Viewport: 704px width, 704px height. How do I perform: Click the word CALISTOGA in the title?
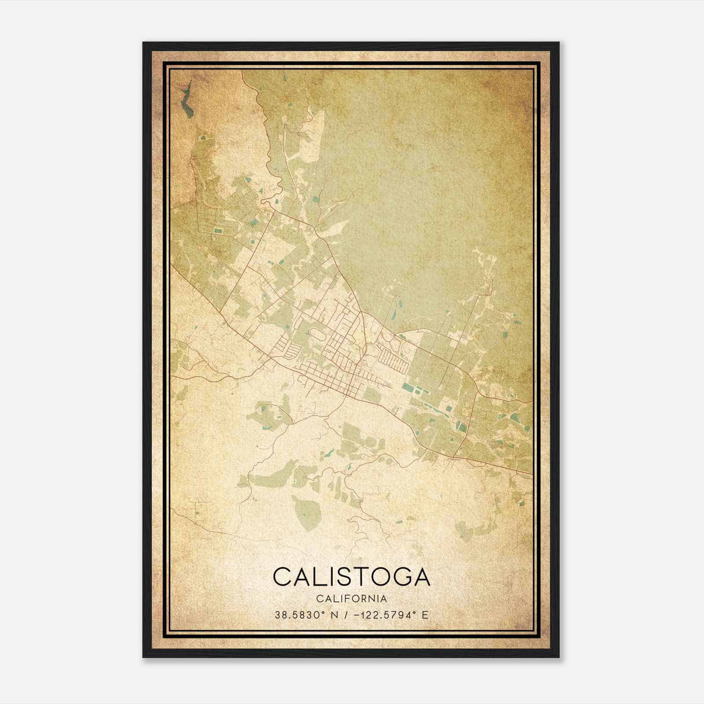(351, 576)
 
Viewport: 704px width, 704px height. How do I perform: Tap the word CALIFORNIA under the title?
(351, 599)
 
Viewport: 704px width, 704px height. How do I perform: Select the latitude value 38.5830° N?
(306, 615)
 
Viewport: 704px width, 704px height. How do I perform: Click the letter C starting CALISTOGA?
(283, 576)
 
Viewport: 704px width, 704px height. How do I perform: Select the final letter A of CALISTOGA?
(420, 576)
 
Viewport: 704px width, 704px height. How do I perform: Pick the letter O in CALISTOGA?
(378, 576)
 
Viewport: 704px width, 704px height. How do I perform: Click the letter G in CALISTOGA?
(399, 576)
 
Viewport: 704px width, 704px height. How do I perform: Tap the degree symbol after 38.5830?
(326, 612)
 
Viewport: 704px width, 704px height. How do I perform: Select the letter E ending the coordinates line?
(425, 615)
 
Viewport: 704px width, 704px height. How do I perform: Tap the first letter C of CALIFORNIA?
(319, 599)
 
